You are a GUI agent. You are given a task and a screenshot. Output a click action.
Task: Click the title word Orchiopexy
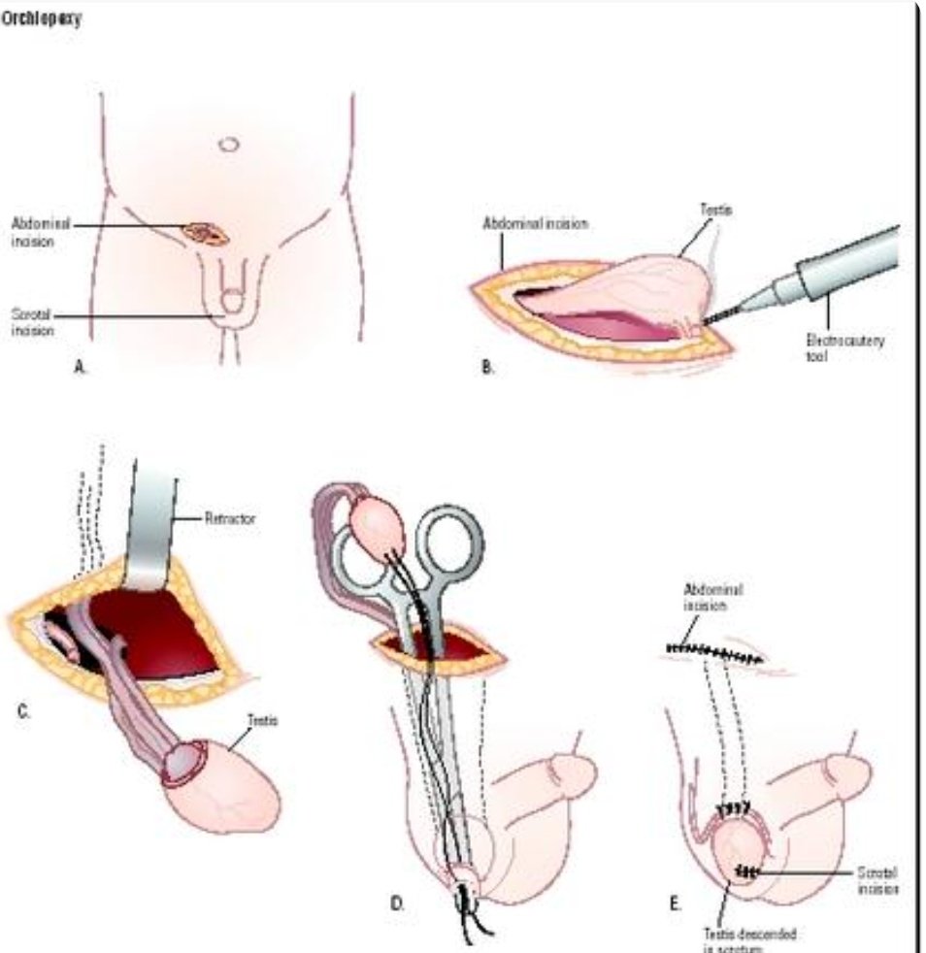coord(41,20)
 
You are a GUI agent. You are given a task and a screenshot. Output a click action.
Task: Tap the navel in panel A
coord(228,144)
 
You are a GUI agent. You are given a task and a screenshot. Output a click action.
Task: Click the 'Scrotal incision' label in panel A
coord(31,322)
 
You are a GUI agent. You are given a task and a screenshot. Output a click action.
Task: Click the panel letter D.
coord(396,904)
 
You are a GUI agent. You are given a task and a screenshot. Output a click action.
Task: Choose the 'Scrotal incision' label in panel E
coord(863,879)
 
